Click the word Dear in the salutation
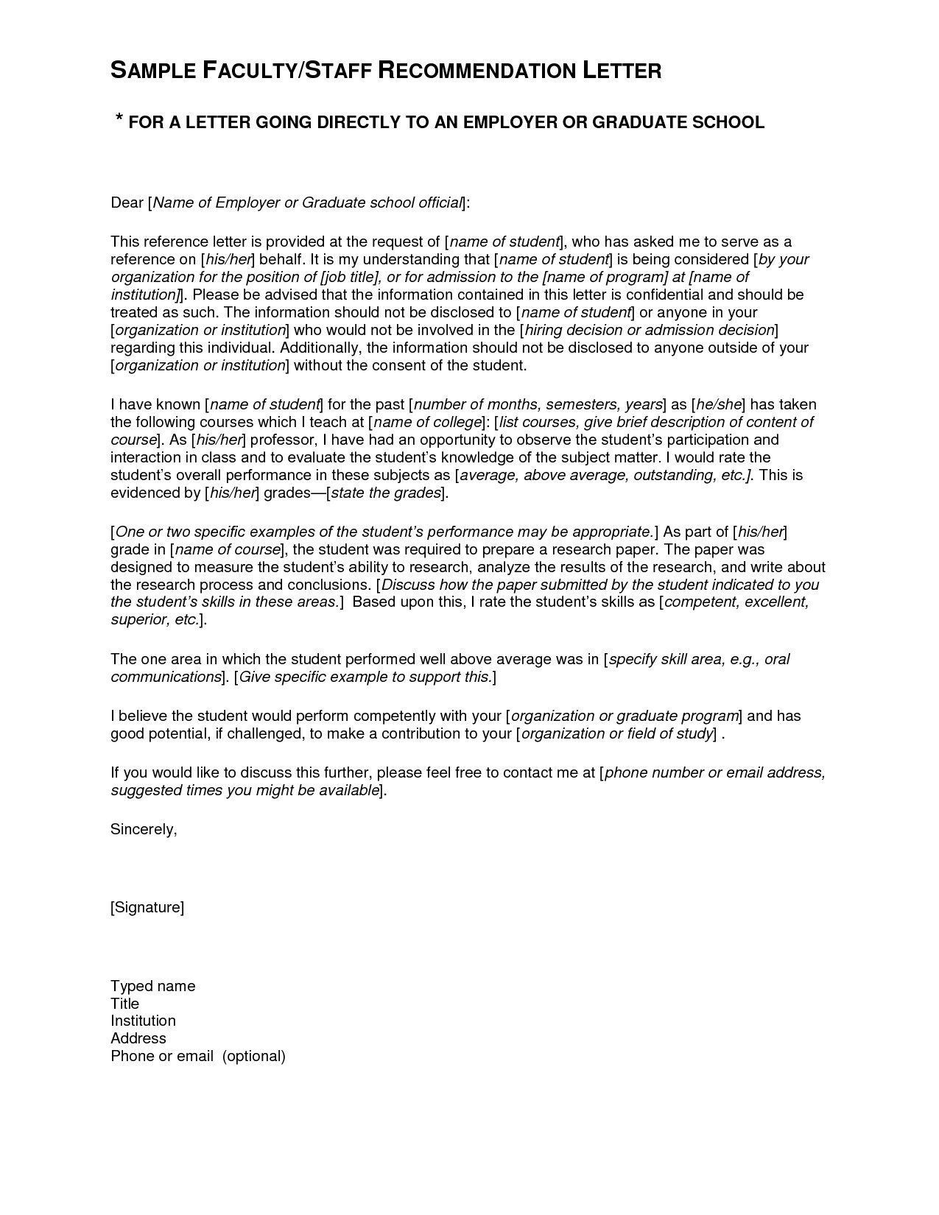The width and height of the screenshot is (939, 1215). pos(127,203)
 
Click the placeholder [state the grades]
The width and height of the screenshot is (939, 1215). pos(385,493)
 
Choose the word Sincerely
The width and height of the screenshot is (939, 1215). pos(144,830)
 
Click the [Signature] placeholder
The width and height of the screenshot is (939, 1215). pos(147,908)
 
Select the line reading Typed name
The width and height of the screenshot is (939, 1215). pos(152,987)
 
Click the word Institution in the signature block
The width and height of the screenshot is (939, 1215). pos(143,1021)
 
